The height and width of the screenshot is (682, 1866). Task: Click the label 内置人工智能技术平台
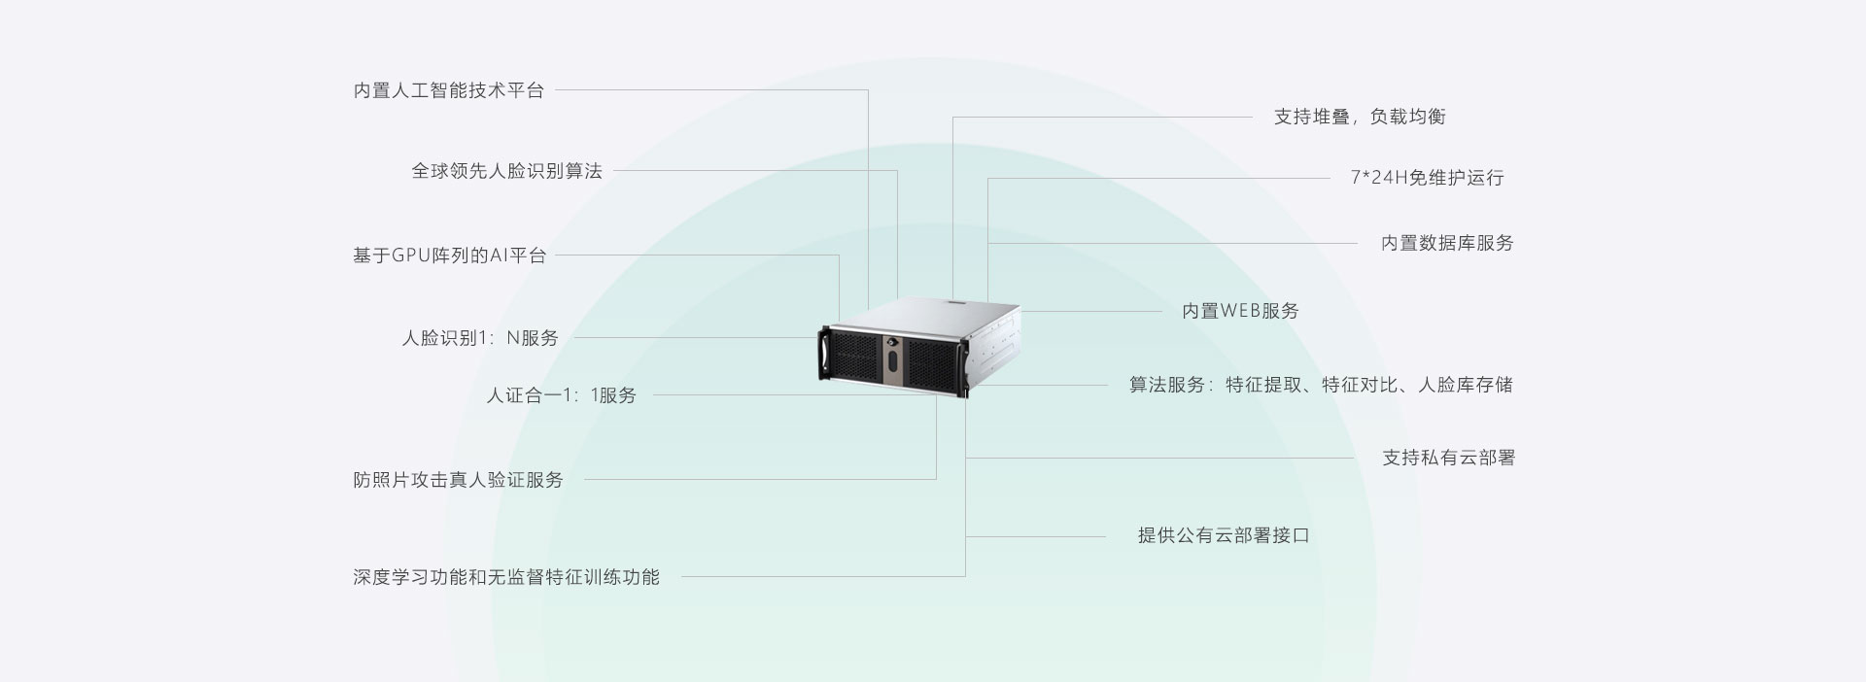pyautogui.click(x=448, y=91)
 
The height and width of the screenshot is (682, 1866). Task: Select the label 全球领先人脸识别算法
pyautogui.click(x=506, y=171)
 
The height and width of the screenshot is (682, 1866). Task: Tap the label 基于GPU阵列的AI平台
pyautogui.click(x=449, y=256)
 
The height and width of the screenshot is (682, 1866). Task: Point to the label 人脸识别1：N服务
pyautogui.click(x=480, y=338)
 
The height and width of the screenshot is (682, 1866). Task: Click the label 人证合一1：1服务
pyautogui.click(x=561, y=395)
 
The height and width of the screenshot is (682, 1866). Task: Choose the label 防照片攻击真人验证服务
pyautogui.click(x=458, y=480)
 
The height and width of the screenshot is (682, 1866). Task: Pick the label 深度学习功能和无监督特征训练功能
pyautogui.click(x=505, y=577)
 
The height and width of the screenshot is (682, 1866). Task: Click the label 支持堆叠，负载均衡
pyautogui.click(x=1360, y=117)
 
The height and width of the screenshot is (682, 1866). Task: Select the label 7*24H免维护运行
pyautogui.click(x=1427, y=178)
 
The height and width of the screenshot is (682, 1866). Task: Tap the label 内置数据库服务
pyautogui.click(x=1447, y=243)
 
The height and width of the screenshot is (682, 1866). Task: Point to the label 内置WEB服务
pyautogui.click(x=1240, y=311)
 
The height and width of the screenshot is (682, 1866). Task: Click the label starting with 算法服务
pyautogui.click(x=1321, y=385)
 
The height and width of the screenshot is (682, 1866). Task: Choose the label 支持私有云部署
pyautogui.click(x=1448, y=458)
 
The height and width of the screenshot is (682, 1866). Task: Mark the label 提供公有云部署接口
pyautogui.click(x=1224, y=535)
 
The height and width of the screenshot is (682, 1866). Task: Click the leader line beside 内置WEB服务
pyautogui.click(x=1092, y=311)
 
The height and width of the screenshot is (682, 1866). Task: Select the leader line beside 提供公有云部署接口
pyautogui.click(x=1036, y=536)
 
